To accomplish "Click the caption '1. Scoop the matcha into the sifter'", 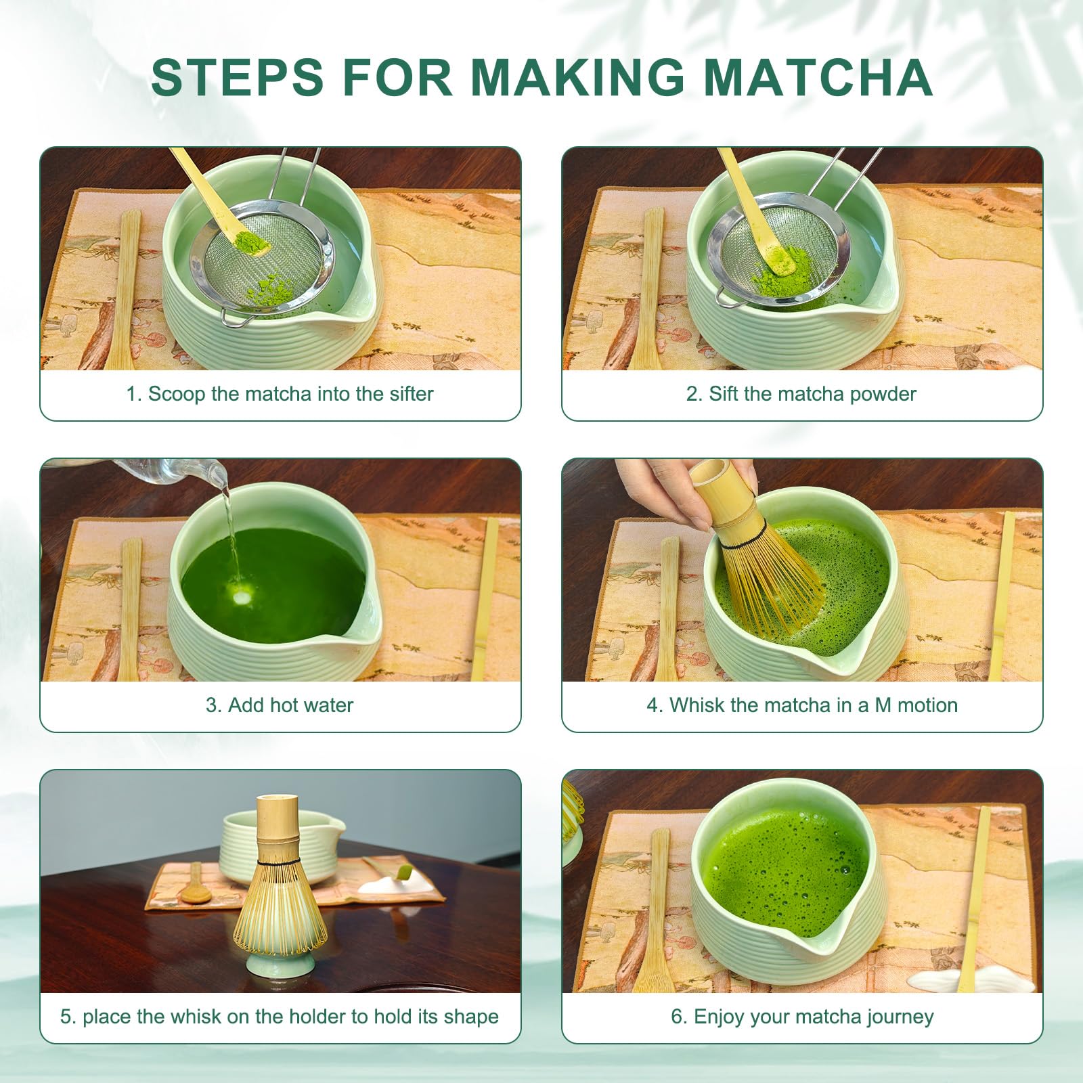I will click(x=280, y=394).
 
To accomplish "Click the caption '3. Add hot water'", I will click(x=280, y=705).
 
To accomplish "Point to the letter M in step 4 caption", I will click(x=883, y=705).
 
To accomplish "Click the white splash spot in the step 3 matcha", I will click(x=240, y=597).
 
